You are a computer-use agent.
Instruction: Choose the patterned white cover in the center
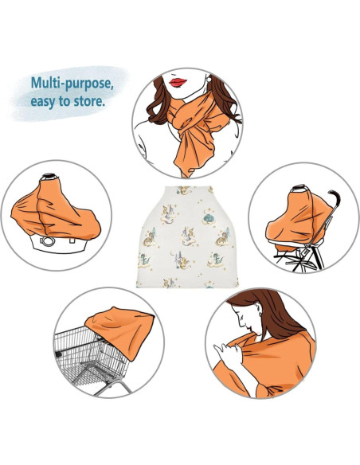180,235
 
